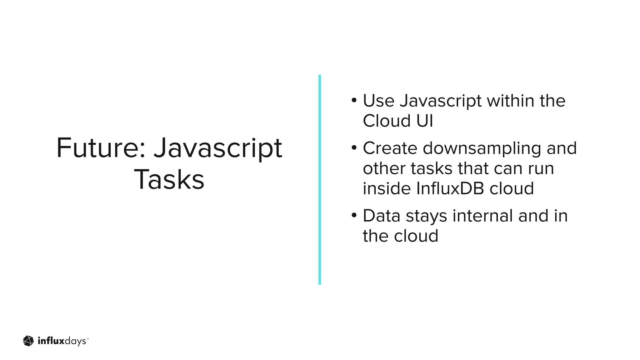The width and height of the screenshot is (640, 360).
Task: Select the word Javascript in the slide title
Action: point(218,149)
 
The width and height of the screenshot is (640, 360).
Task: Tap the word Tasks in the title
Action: point(169,180)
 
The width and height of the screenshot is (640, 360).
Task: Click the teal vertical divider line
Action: point(319,179)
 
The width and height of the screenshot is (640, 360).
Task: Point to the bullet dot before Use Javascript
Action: point(354,101)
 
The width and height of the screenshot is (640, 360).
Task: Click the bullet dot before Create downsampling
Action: point(354,148)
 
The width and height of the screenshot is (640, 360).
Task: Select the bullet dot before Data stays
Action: point(354,216)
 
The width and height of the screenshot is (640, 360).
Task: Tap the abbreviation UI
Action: point(425,121)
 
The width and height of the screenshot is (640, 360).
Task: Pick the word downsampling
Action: point(482,148)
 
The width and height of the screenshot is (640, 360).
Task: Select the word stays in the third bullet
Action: point(426,216)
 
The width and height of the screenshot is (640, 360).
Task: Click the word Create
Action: point(390,148)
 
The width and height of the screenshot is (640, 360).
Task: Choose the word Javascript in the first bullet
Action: point(440,101)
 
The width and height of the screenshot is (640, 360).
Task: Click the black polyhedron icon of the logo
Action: point(28,341)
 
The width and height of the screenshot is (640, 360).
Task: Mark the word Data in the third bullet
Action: point(382,216)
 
